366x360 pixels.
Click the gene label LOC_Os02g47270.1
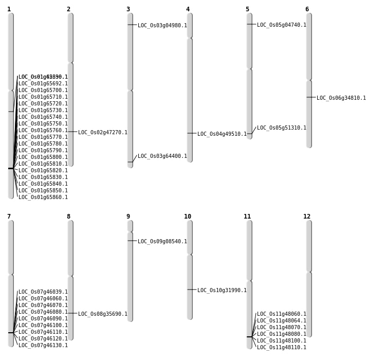(103, 133)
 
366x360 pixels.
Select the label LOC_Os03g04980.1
(162, 26)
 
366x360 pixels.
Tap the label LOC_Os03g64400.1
(162, 156)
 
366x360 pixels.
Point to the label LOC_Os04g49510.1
(222, 134)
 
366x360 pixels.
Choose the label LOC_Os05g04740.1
(282, 25)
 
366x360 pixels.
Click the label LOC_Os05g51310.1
(282, 128)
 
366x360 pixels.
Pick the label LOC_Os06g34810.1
(341, 98)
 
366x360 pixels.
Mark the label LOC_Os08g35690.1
(103, 314)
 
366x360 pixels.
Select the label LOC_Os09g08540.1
(162, 242)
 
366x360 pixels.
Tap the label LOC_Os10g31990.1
(222, 291)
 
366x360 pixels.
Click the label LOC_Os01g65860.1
(43, 197)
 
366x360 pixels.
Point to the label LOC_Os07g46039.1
(43, 292)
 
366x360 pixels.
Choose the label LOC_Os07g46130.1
(43, 346)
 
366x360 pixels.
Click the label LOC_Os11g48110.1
(282, 348)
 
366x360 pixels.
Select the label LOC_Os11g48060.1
(282, 314)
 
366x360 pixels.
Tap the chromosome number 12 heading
(307, 217)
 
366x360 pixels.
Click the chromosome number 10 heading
(188, 217)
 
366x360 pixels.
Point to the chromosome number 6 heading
(307, 9)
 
